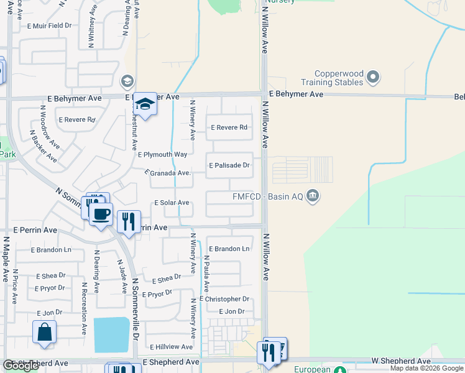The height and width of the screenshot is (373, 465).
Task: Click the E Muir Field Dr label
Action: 50,26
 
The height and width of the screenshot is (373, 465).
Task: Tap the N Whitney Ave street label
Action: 91,28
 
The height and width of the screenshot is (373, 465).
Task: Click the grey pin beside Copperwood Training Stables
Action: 373,77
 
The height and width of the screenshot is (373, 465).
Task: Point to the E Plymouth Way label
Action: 162,154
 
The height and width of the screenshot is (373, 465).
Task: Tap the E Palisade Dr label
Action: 229,165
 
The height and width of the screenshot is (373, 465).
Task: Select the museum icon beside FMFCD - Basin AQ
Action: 313,196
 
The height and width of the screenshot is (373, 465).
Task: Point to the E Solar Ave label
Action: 171,203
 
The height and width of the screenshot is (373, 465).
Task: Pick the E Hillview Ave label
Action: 171,346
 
